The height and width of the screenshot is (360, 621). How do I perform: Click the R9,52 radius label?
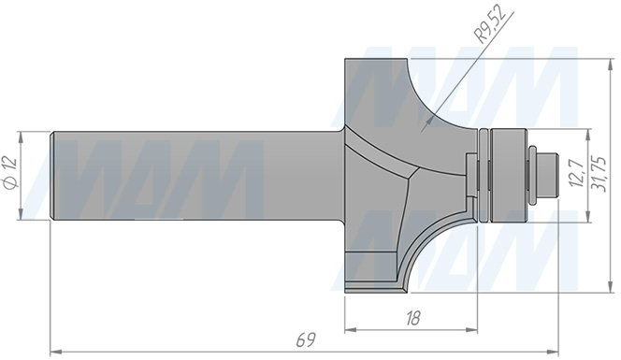point(490,25)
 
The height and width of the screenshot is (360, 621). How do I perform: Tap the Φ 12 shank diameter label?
point(10,173)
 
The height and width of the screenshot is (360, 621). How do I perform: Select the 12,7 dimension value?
point(576,173)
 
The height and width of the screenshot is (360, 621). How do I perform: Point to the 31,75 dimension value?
point(599,174)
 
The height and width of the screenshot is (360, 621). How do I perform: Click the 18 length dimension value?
point(412,318)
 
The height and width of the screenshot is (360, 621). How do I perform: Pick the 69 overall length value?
point(306,340)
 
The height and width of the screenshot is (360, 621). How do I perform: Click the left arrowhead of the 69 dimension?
point(56,352)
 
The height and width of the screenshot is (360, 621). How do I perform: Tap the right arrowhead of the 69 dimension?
point(552,352)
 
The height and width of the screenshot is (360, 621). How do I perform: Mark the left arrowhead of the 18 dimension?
point(351,329)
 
